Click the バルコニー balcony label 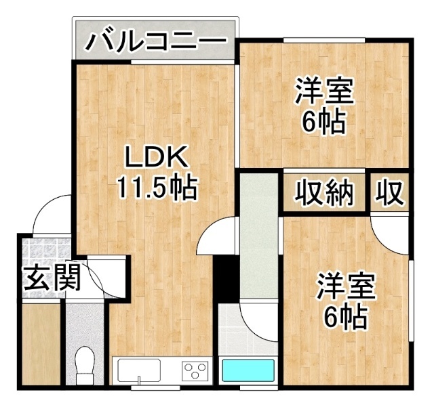[x=157, y=42]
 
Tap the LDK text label [x=156, y=157]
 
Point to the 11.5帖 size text [x=157, y=188]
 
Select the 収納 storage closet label [x=324, y=193]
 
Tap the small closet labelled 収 [x=389, y=193]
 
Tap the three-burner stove [x=195, y=370]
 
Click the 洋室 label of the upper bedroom [x=324, y=91]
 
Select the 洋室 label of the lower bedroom [x=346, y=286]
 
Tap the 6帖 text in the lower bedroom [x=346, y=317]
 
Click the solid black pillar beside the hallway [x=226, y=278]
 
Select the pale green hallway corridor [x=259, y=236]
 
